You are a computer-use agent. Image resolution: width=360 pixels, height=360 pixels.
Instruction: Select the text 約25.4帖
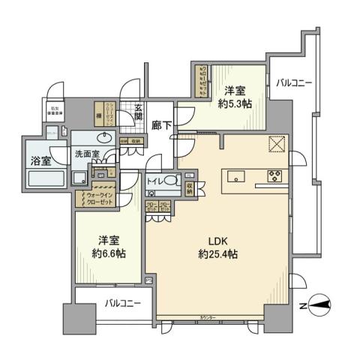[x=217, y=256]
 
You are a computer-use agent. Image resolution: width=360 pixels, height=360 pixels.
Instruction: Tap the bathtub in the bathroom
[x=47, y=179]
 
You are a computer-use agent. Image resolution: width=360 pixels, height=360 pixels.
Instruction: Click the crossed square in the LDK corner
[x=277, y=144]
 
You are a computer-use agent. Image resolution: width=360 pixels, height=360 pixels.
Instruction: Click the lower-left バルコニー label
[x=119, y=304]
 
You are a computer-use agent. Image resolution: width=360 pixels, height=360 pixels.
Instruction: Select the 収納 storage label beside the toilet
[x=190, y=185]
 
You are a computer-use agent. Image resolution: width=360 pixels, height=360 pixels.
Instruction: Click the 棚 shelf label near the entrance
[x=98, y=115]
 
